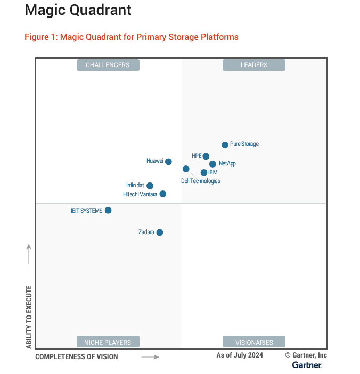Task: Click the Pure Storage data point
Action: (x=225, y=145)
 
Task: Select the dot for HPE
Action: (x=206, y=156)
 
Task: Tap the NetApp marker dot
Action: (x=212, y=164)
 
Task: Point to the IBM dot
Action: (x=203, y=172)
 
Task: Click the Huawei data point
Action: (x=168, y=162)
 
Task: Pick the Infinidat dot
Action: (x=150, y=186)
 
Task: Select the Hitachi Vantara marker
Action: (x=162, y=194)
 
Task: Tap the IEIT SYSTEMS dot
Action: (x=108, y=210)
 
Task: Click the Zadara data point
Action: (x=159, y=232)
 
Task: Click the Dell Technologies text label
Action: (x=201, y=181)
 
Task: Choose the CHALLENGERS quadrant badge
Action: (x=108, y=65)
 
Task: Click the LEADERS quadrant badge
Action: (x=254, y=65)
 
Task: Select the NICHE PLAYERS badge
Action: (x=108, y=342)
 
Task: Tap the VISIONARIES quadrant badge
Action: (x=254, y=342)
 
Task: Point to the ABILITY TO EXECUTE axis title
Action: (x=29, y=317)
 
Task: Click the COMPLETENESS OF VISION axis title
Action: (x=77, y=356)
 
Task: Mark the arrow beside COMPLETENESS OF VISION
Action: (x=150, y=357)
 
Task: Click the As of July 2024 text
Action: (x=240, y=355)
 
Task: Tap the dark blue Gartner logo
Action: (x=307, y=365)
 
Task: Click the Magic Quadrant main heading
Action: (x=78, y=10)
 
